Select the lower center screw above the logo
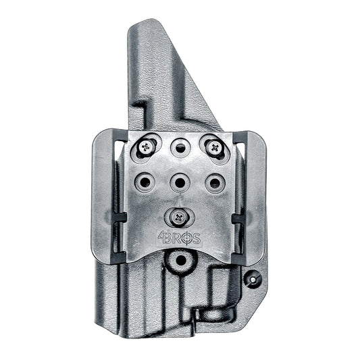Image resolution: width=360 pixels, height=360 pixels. click(x=180, y=217)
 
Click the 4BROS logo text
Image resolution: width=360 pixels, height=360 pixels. click(x=179, y=238)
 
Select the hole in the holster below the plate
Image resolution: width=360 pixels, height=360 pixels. click(x=180, y=259)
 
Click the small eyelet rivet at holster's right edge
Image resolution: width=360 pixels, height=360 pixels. click(x=255, y=277)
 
